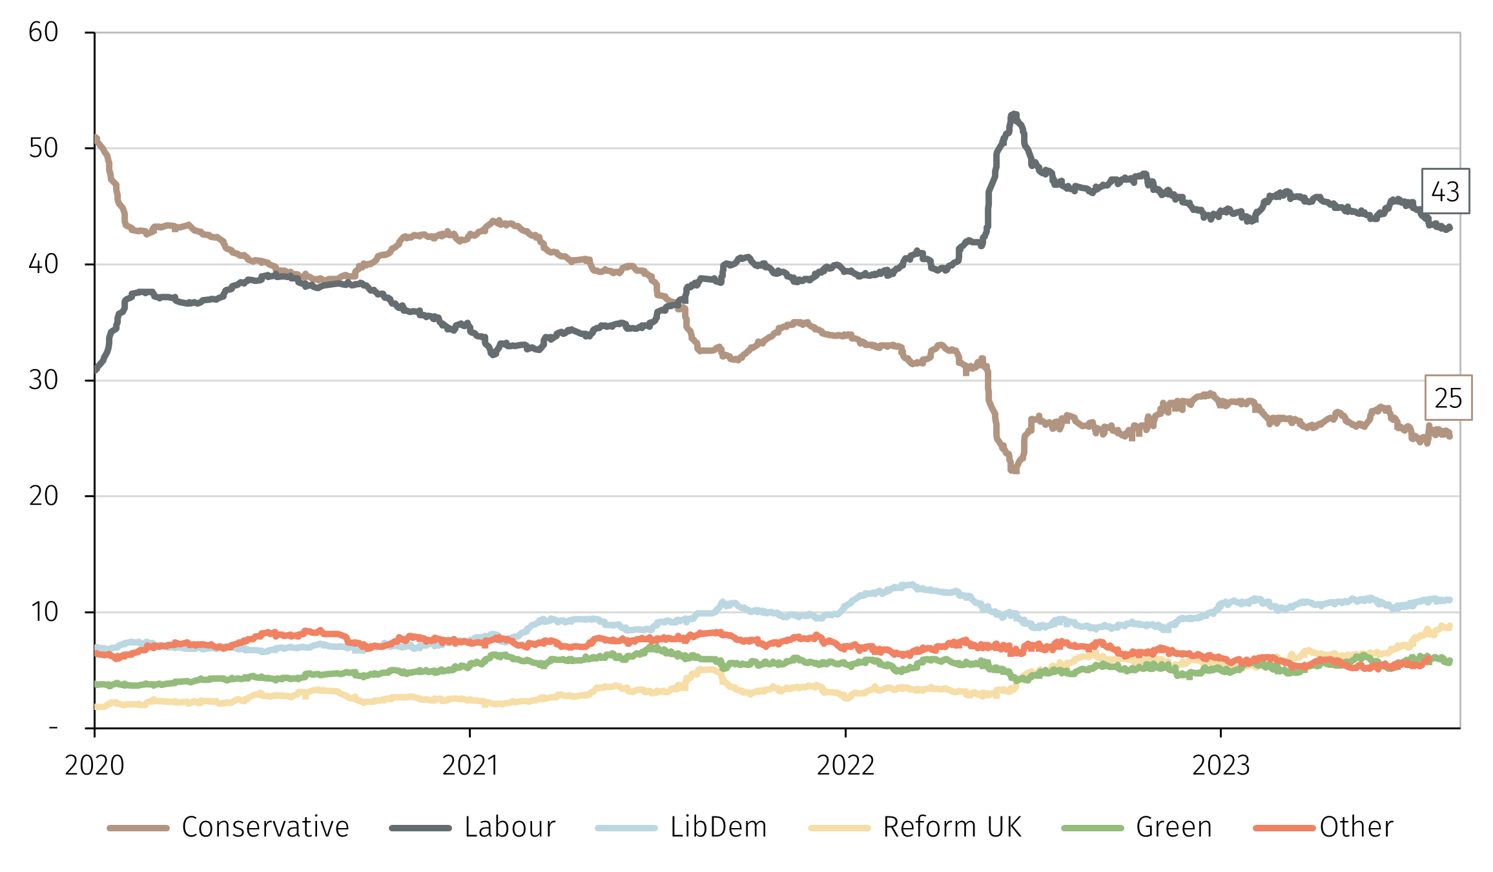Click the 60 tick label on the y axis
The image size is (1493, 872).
pyautogui.click(x=43, y=32)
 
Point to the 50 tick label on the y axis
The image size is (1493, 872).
pyautogui.click(x=43, y=148)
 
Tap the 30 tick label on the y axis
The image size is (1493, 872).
pyautogui.click(x=43, y=380)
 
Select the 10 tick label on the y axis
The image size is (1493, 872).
pyautogui.click(x=43, y=612)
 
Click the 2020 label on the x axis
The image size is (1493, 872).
pyautogui.click(x=94, y=766)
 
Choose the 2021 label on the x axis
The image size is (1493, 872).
pyautogui.click(x=470, y=766)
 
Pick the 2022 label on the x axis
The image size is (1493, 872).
pyautogui.click(x=845, y=766)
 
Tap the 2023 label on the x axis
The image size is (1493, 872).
pyautogui.click(x=1220, y=766)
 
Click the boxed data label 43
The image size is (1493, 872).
pyautogui.click(x=1445, y=192)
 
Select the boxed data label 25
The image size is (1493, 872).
pyautogui.click(x=1448, y=398)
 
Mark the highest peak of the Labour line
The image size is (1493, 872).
pyautogui.click(x=1014, y=115)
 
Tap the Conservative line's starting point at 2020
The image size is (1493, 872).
pyautogui.click(x=96, y=137)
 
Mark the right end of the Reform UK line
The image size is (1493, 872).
pyautogui.click(x=1450, y=626)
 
